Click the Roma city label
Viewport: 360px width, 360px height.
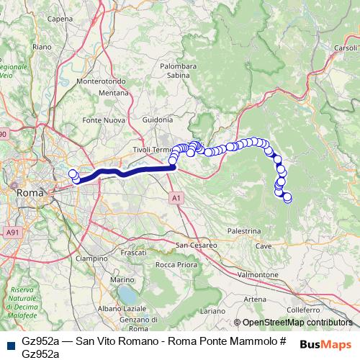[x=30, y=193]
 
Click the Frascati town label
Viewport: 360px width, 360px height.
[x=133, y=253]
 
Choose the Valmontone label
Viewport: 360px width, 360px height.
[x=257, y=275]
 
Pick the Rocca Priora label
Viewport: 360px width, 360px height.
[x=175, y=264]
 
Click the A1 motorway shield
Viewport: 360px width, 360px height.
[x=176, y=197]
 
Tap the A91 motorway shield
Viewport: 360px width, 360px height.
[x=12, y=233]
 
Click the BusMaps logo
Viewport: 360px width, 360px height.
[x=325, y=344]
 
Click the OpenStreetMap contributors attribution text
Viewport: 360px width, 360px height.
[x=297, y=323]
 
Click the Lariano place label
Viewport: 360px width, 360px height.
[x=212, y=310]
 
